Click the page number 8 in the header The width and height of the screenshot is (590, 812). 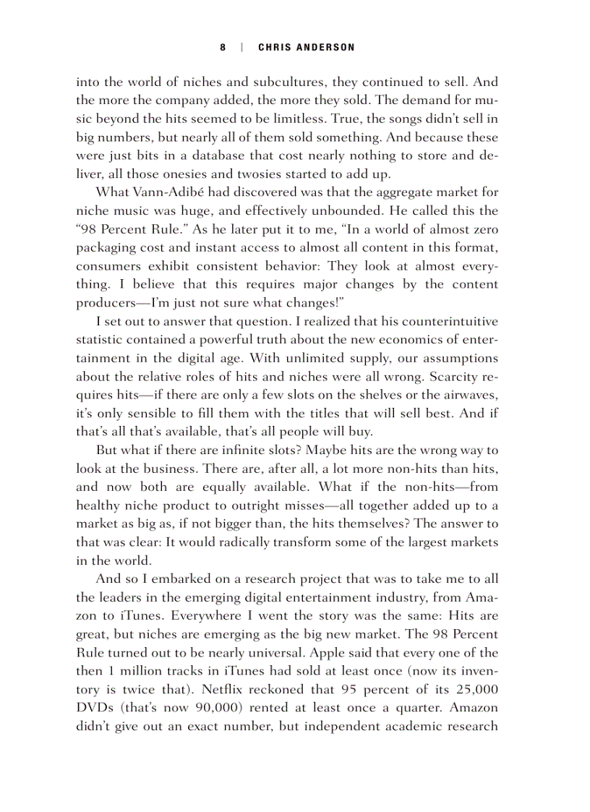coord(223,47)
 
